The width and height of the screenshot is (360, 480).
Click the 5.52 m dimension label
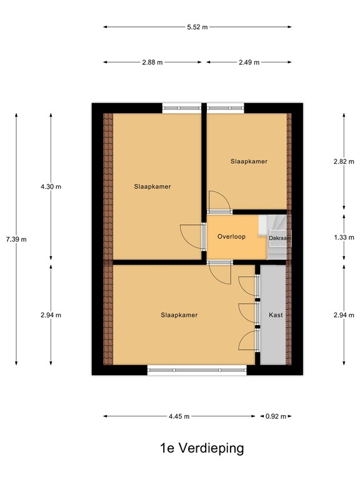[197, 27]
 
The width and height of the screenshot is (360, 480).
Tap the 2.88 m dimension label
[152, 62]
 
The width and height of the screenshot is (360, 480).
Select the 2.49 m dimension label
[248, 62]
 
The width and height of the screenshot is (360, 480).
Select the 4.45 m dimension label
[179, 416]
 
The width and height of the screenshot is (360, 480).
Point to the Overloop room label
[231, 237]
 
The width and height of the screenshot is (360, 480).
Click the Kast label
[276, 315]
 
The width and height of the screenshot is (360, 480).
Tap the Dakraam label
[279, 238]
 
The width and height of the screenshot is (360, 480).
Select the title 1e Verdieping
[202, 448]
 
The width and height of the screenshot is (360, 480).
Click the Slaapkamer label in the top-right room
[249, 161]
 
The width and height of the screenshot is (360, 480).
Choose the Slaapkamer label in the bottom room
[179, 315]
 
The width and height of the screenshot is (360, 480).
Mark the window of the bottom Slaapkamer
[197, 370]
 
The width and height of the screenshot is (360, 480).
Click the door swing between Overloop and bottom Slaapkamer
[221, 271]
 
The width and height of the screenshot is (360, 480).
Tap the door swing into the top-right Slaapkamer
[219, 201]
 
